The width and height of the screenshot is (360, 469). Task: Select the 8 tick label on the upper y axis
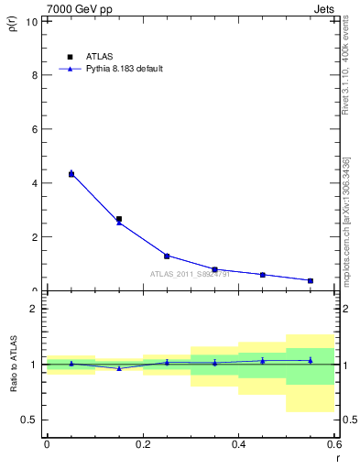click(x=35, y=75)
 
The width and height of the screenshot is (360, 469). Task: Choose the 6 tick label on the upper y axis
click(x=35, y=129)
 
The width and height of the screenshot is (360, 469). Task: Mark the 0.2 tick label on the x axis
click(x=142, y=444)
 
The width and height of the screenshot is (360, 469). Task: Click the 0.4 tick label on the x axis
click(x=238, y=444)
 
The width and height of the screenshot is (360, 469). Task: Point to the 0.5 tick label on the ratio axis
click(x=30, y=420)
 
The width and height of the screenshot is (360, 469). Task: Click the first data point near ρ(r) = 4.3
click(x=71, y=174)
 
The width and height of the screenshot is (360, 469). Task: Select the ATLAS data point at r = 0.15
click(x=119, y=219)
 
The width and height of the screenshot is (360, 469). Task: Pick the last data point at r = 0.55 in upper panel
click(x=311, y=280)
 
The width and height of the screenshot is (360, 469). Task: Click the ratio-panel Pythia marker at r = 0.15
click(x=119, y=368)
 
